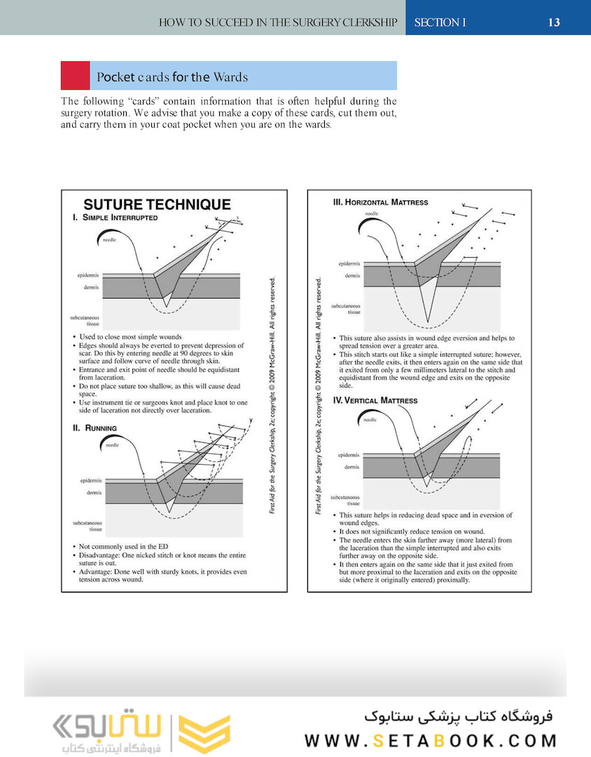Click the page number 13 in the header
pos(553,22)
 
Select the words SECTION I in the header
pos(440,22)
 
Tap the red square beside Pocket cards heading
pos(75,75)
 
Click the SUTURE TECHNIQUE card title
pos(157,205)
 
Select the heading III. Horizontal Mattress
pos(380,203)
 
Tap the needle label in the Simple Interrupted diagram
pos(111,240)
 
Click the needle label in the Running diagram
pos(112,445)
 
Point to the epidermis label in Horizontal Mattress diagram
pos(349,264)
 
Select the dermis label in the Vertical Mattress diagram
pos(353,466)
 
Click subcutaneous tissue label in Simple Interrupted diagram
pos(84,320)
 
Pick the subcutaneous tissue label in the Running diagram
pos(88,526)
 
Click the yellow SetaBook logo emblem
pos(204,733)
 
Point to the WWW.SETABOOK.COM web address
pos(431,741)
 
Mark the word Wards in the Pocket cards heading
pos(231,77)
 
